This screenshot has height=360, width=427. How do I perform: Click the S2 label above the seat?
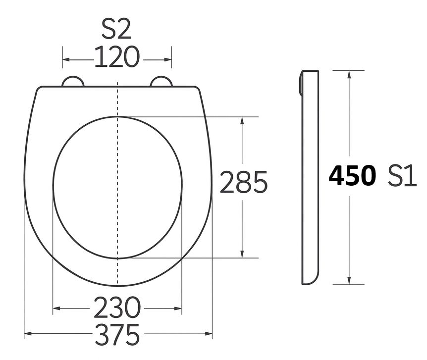tap(116, 29)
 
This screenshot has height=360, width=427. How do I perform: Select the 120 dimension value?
tap(117, 57)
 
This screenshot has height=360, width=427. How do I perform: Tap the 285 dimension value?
tap(243, 182)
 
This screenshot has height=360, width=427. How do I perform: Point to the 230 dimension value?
tap(117, 308)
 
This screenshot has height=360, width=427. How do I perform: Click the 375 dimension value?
tap(117, 334)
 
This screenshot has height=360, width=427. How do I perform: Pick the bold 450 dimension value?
tap(352, 176)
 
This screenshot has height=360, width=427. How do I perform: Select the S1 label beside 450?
tap(402, 176)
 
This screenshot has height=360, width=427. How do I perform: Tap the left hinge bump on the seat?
tap(73, 81)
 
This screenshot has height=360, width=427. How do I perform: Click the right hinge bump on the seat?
tap(161, 81)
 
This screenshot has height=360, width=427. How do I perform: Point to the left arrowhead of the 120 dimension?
tap(66, 59)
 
